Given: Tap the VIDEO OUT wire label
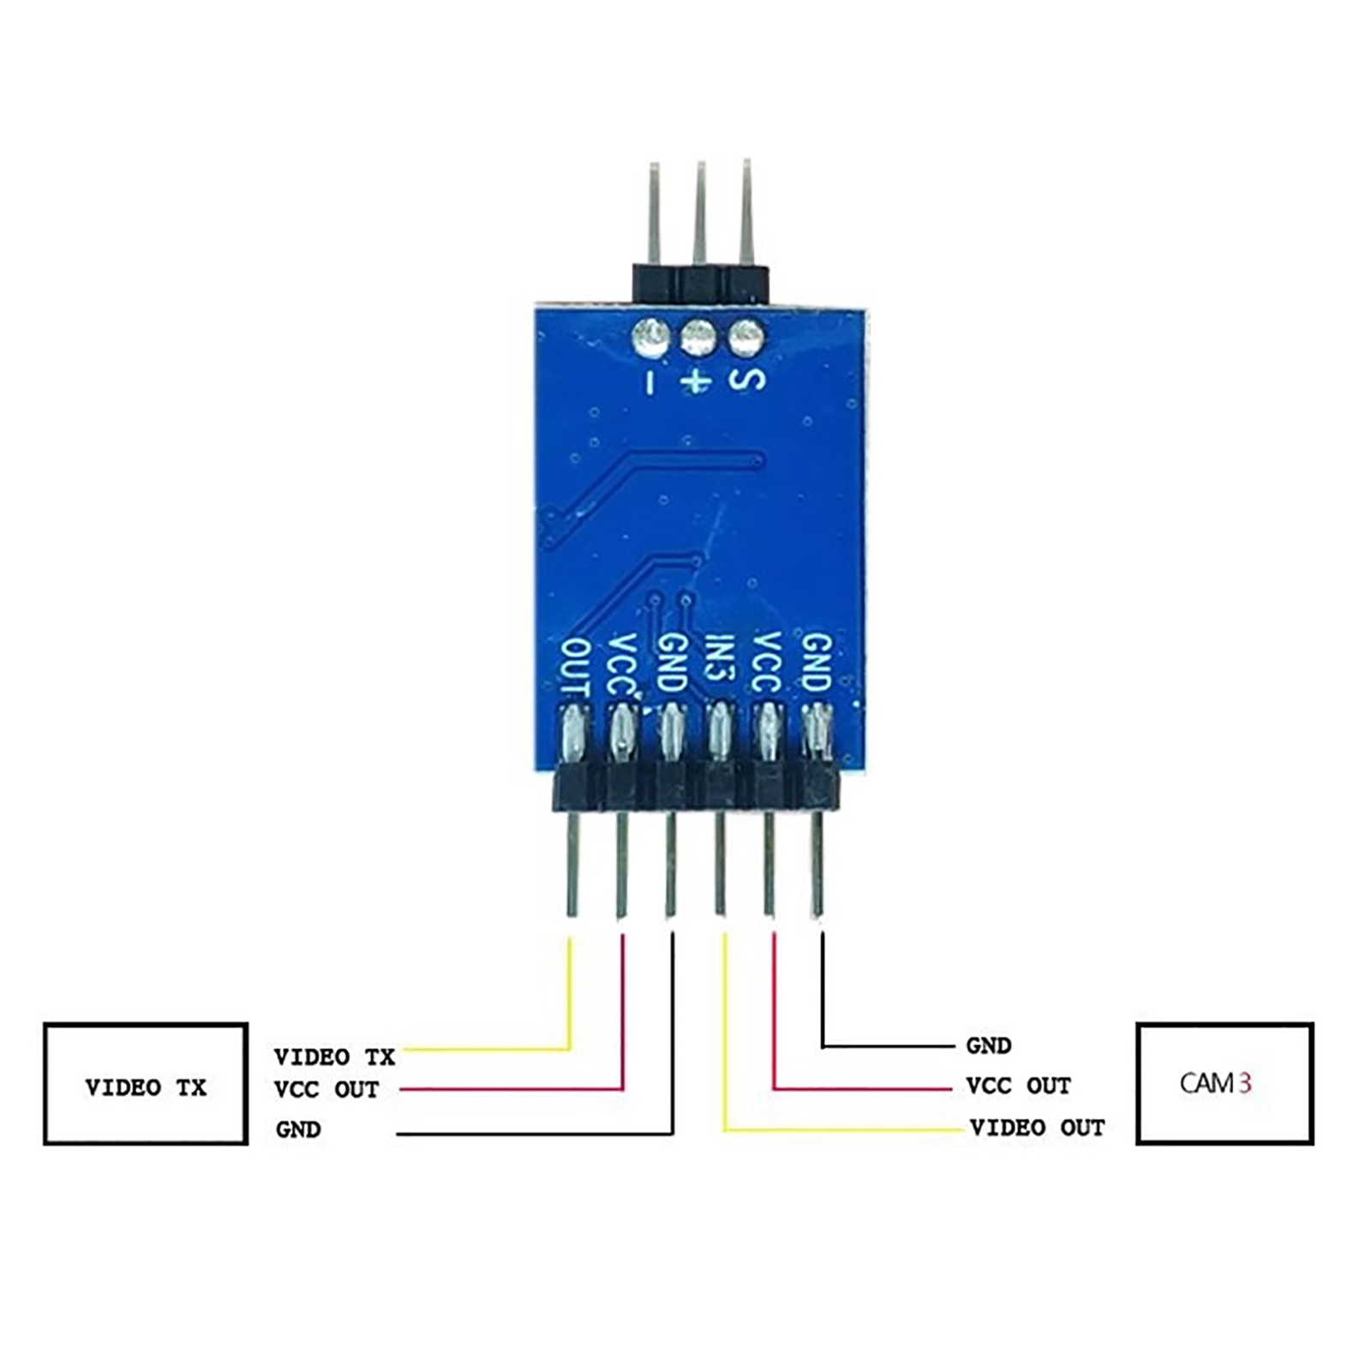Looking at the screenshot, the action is (1037, 1128).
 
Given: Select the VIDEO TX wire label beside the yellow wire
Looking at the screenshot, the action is (334, 1057).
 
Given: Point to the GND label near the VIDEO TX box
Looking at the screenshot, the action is (298, 1129).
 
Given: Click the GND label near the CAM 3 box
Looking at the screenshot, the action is (989, 1045).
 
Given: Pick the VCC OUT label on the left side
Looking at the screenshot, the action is (326, 1090).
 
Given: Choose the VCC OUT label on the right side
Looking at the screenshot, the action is (1019, 1086).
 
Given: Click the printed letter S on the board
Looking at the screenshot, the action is (746, 379).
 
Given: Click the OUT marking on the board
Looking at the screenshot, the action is (575, 667).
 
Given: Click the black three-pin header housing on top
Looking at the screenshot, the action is (700, 283).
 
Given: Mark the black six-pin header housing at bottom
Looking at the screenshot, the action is (695, 787).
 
